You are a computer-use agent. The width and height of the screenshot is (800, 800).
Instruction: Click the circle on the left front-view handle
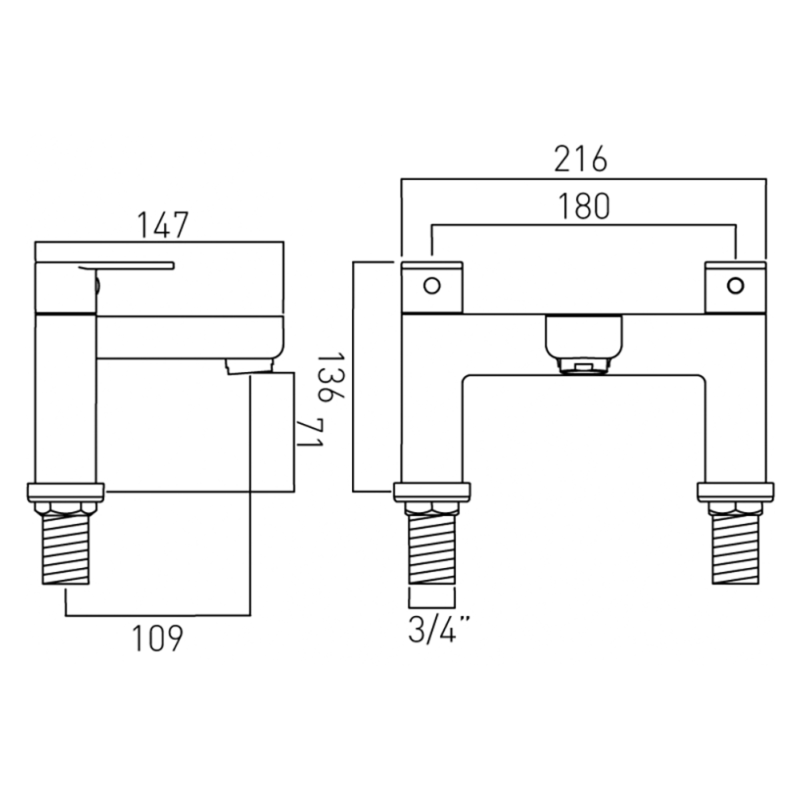431,285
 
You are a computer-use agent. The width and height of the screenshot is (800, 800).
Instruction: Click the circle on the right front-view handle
734,285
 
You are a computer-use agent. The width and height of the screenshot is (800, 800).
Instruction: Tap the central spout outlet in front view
583,346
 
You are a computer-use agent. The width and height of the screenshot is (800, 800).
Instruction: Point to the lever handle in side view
128,266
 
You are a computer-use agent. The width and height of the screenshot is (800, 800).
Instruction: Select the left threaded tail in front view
432,552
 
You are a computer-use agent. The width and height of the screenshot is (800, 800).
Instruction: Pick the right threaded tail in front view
734,552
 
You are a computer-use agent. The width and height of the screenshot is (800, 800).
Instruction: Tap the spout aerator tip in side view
250,367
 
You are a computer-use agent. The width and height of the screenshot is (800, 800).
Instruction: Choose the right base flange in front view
734,491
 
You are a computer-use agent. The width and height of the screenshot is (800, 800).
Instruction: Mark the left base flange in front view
432,491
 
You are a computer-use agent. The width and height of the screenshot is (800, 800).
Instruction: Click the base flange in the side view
66,491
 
